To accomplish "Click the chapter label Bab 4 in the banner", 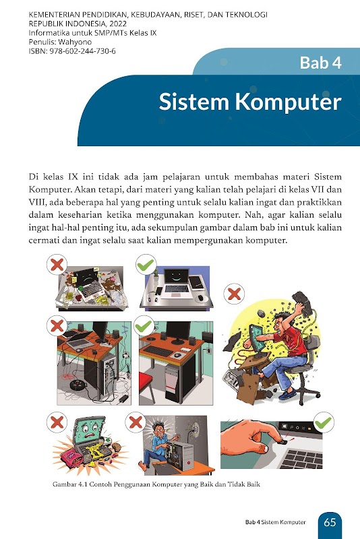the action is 320,63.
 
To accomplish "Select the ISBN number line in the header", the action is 72,51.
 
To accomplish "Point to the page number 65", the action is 330,523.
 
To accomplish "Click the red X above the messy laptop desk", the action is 57,265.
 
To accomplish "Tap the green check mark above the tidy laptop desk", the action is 146,265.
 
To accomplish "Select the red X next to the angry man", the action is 234,294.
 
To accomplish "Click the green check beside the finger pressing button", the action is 324,422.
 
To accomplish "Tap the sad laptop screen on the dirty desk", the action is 86,276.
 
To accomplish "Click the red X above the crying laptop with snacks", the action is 57,422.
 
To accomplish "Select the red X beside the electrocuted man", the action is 136,422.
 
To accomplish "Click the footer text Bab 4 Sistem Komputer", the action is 276,522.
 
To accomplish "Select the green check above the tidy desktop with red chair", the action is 144,326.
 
